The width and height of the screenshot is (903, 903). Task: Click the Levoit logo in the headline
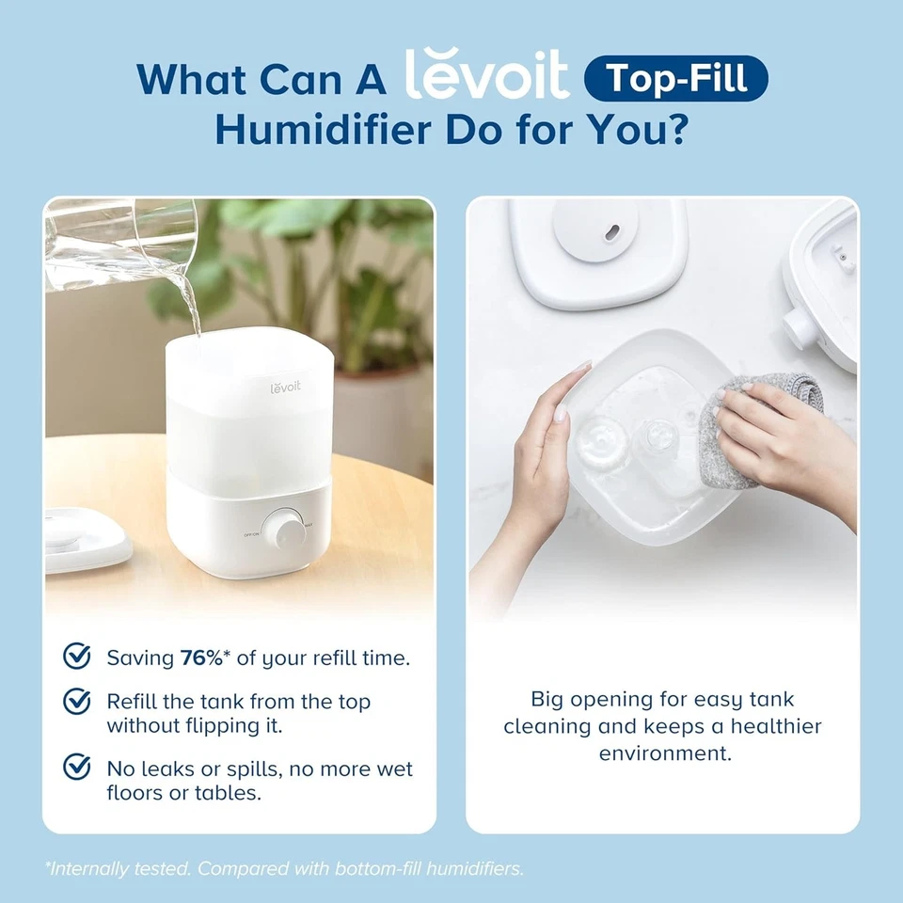coord(486,75)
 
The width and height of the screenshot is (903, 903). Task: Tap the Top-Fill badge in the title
coord(675,78)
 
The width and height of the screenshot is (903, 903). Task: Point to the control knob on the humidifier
coord(282,530)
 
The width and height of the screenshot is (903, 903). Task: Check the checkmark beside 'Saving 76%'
coord(76,656)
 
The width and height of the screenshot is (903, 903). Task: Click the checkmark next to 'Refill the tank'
coord(76,701)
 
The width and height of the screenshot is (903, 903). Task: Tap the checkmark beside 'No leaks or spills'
coord(76,767)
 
